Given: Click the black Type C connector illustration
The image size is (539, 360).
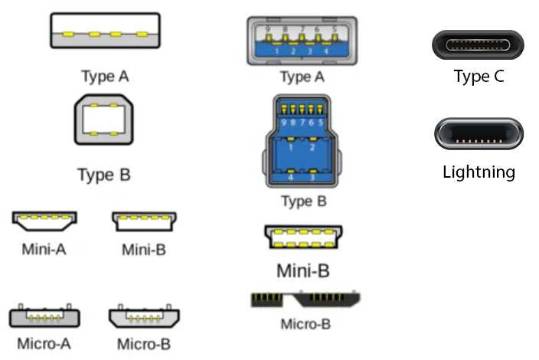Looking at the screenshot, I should tap(478, 44).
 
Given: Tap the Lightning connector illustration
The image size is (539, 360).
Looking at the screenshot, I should tap(478, 135).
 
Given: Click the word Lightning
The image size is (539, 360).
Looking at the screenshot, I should tap(479, 172).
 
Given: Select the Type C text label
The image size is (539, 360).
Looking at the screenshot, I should tap(479, 77).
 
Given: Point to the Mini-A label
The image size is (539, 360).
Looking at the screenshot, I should tap(44, 249).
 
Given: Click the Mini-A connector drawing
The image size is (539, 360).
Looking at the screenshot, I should tap(44, 221).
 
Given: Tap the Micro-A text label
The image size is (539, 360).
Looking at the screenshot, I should tap(43, 343).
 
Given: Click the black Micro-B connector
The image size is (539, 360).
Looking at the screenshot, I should tap(305, 299).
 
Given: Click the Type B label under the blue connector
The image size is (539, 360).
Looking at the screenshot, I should tap(304, 202).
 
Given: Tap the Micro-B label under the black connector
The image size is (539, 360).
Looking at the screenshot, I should tap(305, 323).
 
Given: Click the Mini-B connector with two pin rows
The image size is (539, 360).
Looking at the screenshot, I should tap(303, 237).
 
